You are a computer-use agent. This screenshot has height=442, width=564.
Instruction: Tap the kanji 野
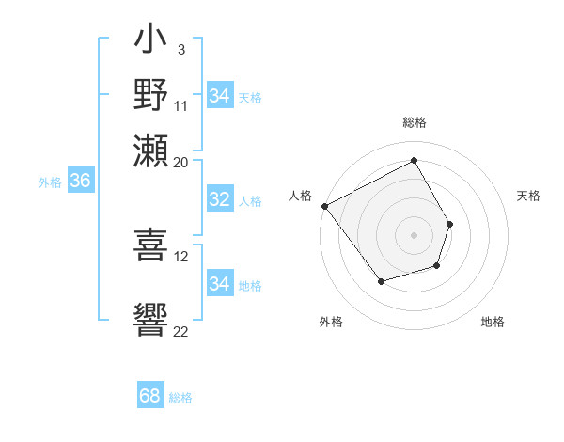tap(150, 96)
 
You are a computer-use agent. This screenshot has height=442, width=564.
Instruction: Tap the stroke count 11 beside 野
tap(181, 106)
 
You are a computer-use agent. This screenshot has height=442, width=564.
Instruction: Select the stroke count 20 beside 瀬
tap(181, 161)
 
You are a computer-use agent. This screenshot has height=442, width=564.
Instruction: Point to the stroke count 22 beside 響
tap(181, 330)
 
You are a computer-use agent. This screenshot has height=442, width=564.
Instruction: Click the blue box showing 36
tap(80, 182)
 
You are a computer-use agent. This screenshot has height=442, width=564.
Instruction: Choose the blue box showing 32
tap(219, 199)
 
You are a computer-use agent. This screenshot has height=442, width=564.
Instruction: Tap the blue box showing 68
tap(149, 396)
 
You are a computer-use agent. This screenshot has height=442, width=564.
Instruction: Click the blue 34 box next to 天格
tap(219, 96)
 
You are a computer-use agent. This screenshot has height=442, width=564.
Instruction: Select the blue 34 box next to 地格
tap(219, 284)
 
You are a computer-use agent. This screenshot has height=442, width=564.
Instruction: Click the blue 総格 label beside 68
tap(180, 398)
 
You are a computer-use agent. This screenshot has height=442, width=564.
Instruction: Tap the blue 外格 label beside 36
tap(50, 182)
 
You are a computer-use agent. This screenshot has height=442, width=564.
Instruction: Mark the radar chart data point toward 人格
tap(324, 206)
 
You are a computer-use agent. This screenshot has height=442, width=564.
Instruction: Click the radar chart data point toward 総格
tap(414, 160)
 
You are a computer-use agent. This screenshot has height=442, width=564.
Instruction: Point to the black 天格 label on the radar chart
tap(528, 196)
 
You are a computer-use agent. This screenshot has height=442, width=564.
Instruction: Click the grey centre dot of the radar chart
tap(414, 235)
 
